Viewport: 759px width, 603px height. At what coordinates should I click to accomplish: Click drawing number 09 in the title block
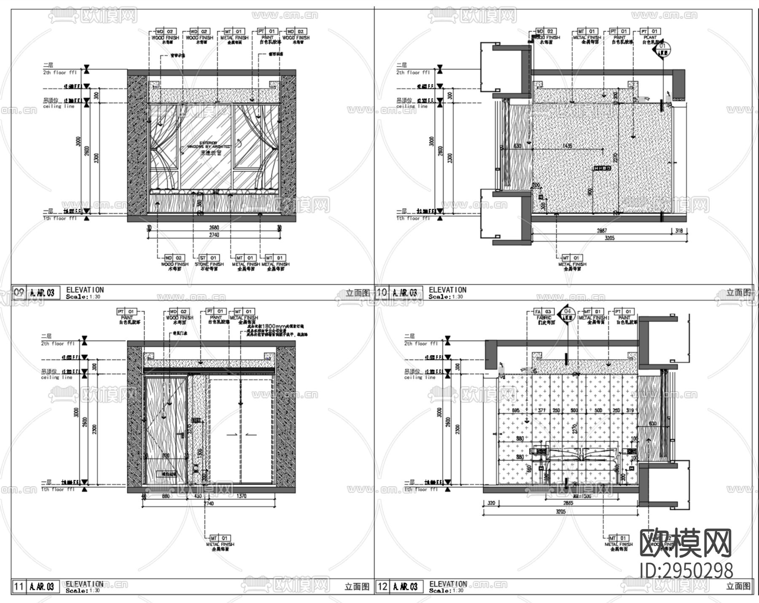(x=19, y=292)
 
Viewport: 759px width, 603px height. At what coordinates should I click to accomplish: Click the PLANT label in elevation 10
(x=650, y=38)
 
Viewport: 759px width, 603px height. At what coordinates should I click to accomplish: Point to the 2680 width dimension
(x=214, y=228)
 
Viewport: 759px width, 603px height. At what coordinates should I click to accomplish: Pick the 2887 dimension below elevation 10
(x=601, y=231)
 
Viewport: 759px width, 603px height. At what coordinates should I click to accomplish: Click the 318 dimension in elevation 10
(x=679, y=231)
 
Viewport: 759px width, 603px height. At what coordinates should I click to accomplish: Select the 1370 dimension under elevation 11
(x=241, y=496)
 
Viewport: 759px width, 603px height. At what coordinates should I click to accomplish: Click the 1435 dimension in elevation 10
(x=567, y=146)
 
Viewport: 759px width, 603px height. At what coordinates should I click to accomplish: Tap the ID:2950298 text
(x=686, y=571)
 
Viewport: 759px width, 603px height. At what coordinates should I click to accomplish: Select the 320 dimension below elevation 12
(x=491, y=503)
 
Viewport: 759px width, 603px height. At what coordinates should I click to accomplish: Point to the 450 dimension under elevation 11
(x=197, y=496)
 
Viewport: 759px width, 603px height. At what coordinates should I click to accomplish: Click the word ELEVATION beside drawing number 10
(x=447, y=290)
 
